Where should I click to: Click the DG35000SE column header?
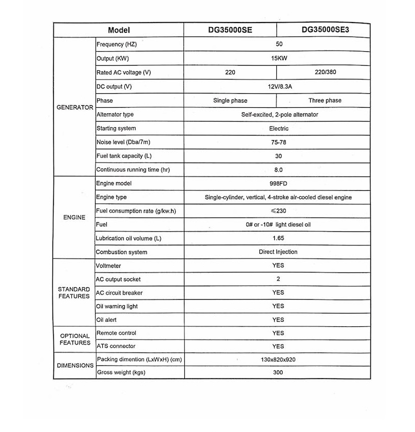tap(230, 30)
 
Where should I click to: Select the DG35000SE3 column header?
tap(325, 30)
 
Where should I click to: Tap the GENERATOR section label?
tap(74, 108)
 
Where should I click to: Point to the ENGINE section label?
tap(74, 218)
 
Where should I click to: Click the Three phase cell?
tap(325, 101)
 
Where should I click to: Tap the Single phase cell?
tap(230, 101)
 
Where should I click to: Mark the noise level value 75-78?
tap(278, 142)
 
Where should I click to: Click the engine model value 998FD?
tap(278, 183)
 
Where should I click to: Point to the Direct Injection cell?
tap(278, 252)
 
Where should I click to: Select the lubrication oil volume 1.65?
tap(278, 238)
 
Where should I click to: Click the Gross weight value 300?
tap(278, 372)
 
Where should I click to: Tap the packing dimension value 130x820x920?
tap(278, 360)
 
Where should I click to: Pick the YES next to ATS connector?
tap(278, 346)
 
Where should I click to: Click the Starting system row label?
tap(116, 128)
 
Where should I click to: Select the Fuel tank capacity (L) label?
tap(124, 156)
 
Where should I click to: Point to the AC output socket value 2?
tap(278, 279)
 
